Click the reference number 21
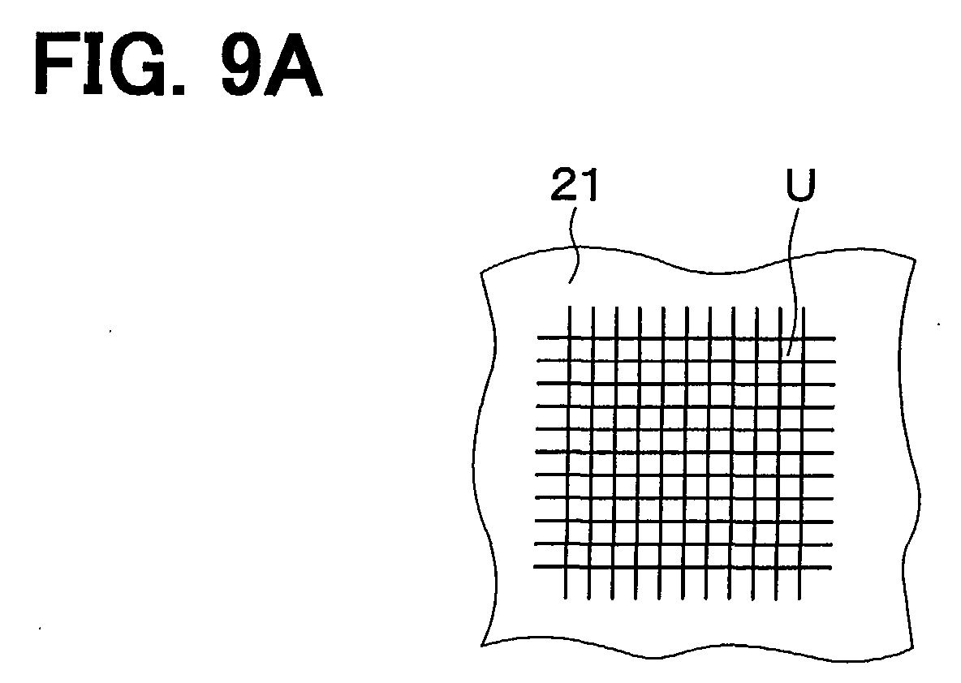pyautogui.click(x=574, y=185)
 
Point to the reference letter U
pyautogui.click(x=801, y=185)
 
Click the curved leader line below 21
pyautogui.click(x=574, y=245)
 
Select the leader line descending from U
pyautogui.click(x=793, y=281)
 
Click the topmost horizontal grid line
pyautogui.click(x=686, y=337)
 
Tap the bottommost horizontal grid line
pyautogui.click(x=682, y=567)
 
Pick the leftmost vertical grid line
pyautogui.click(x=567, y=452)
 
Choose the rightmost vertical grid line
pyautogui.click(x=802, y=453)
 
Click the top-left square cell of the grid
pyautogui.click(x=581, y=349)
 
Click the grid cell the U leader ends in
pyautogui.click(x=791, y=349)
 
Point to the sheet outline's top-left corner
pyautogui.click(x=481, y=272)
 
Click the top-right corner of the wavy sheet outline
pyautogui.click(x=915, y=260)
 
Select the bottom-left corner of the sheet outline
pyautogui.click(x=482, y=645)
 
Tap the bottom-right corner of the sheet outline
pyautogui.click(x=912, y=646)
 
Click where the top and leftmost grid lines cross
pyautogui.click(x=569, y=337)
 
